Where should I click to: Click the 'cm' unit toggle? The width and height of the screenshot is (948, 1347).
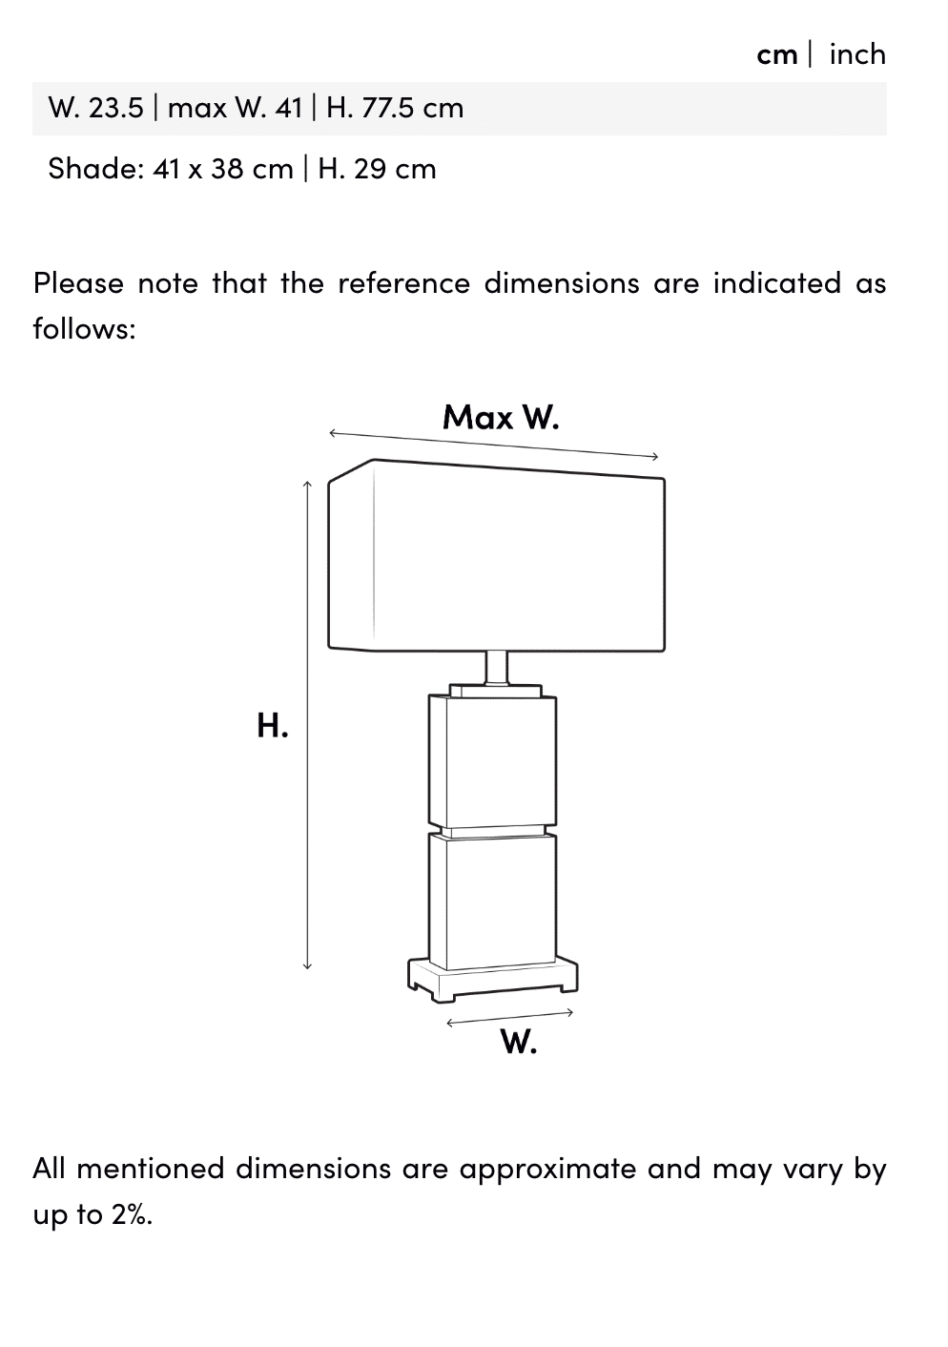776,54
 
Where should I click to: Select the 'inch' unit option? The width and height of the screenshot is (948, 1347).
856,54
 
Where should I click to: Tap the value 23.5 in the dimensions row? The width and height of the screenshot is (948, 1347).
115,108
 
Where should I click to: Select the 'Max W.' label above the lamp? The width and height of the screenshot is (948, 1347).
501,417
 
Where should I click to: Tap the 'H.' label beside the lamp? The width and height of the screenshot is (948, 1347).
273,726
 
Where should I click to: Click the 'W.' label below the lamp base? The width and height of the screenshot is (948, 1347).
519,1043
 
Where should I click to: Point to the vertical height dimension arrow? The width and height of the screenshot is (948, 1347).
307,725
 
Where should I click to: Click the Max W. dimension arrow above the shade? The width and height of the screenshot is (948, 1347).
493,446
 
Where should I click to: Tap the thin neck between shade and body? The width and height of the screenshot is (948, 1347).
496,667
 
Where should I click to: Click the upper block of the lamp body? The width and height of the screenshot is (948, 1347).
492,758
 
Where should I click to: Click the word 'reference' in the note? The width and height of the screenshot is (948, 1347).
403,283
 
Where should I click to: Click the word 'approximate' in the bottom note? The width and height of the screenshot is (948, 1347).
548,1169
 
